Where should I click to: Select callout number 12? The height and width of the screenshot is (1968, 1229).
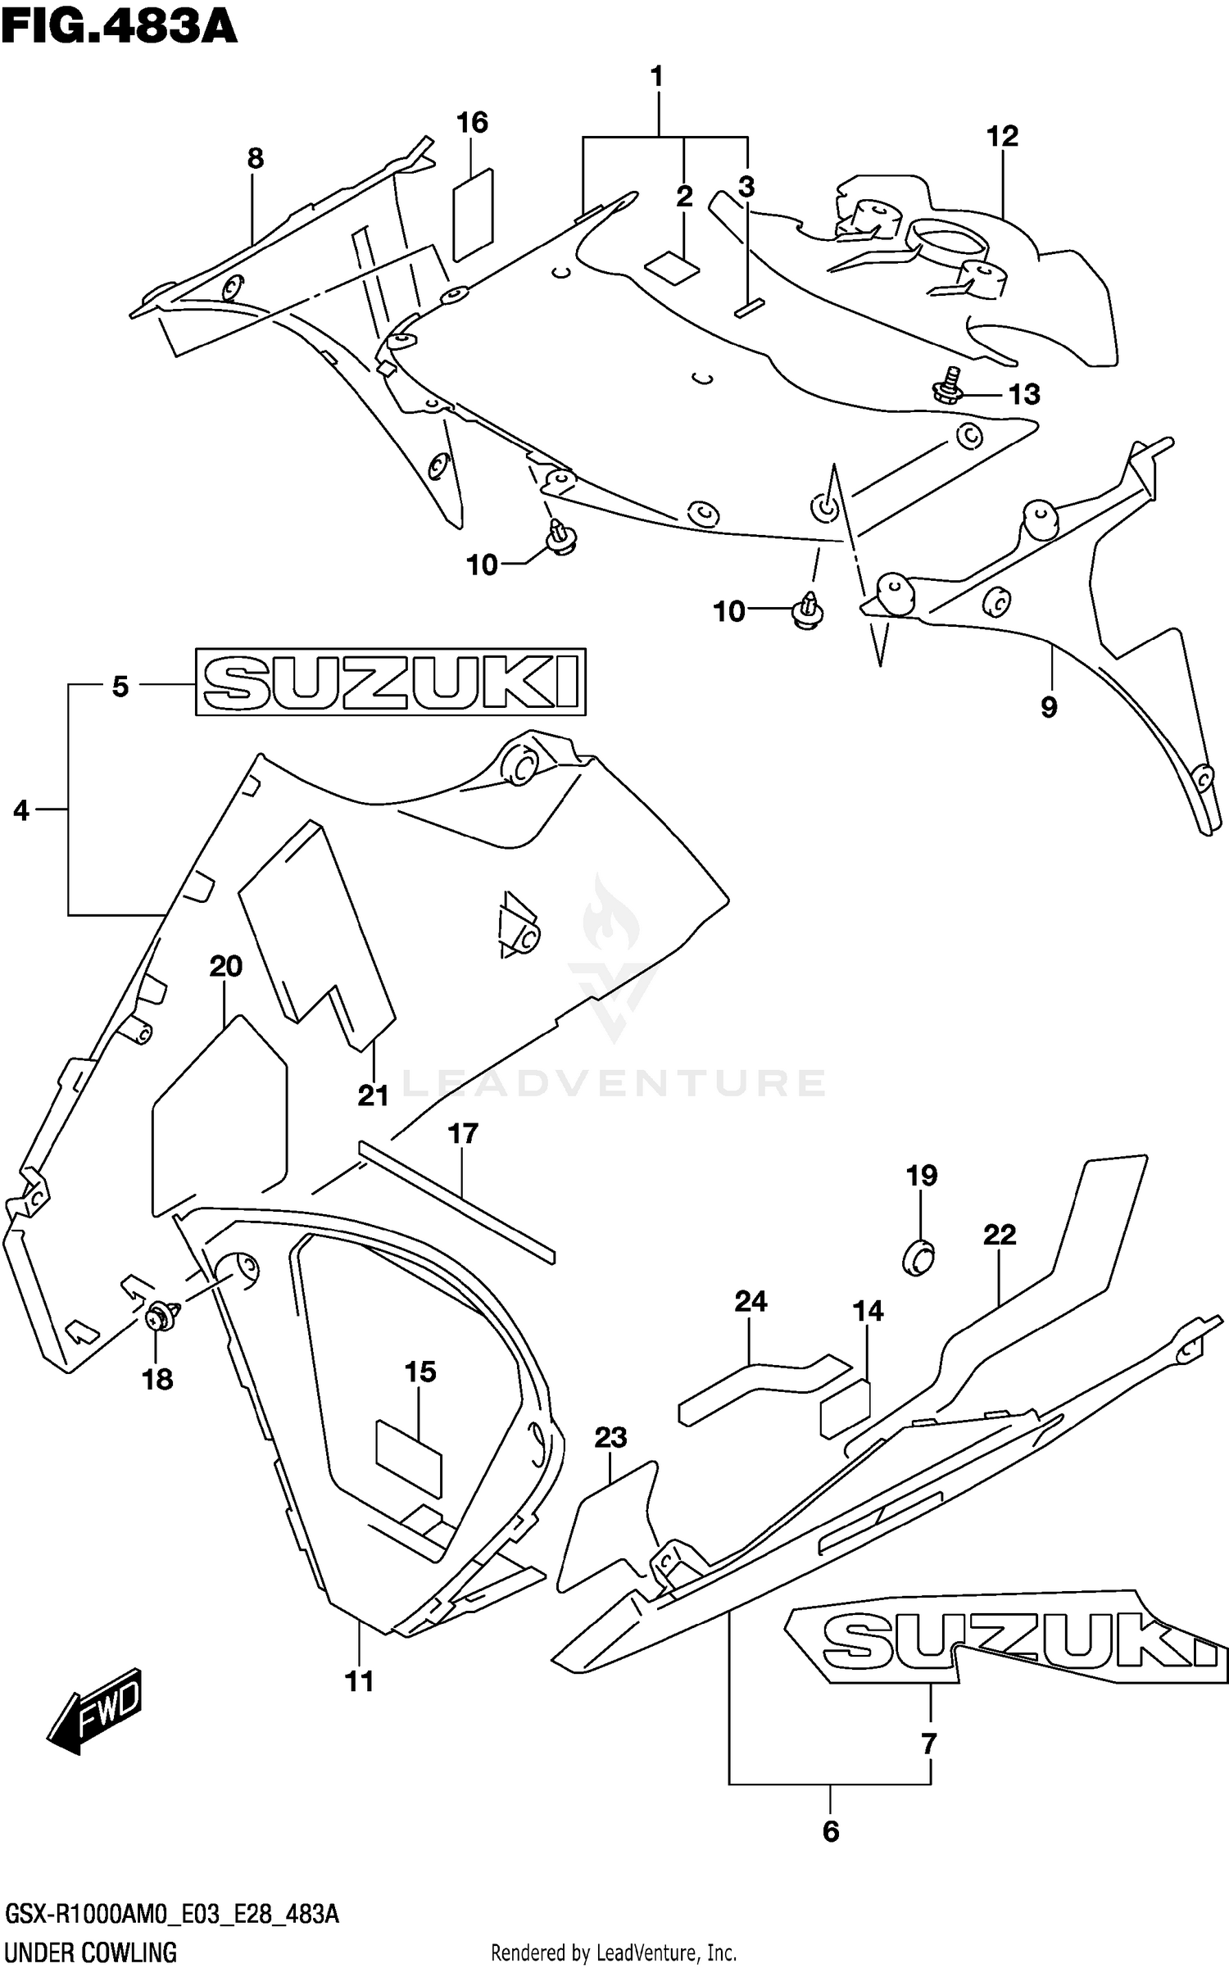(x=1001, y=136)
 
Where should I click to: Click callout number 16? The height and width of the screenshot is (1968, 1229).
(x=472, y=123)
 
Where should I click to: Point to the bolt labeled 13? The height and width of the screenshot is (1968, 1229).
(x=950, y=386)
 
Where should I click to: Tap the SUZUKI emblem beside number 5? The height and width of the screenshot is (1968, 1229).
(x=390, y=682)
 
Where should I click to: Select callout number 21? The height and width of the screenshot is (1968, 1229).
(x=373, y=1095)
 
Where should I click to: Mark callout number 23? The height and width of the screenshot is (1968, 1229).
(x=610, y=1437)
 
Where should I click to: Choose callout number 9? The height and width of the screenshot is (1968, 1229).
(x=1049, y=706)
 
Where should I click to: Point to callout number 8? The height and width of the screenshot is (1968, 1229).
(x=255, y=158)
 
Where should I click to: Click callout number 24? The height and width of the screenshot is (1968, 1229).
(x=751, y=1301)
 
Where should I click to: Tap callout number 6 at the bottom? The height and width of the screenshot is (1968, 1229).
(x=830, y=1831)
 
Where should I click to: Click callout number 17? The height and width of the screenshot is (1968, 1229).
(x=463, y=1134)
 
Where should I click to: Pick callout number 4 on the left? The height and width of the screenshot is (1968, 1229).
(x=21, y=811)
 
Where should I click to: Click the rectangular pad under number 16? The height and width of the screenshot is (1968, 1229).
(x=474, y=215)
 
